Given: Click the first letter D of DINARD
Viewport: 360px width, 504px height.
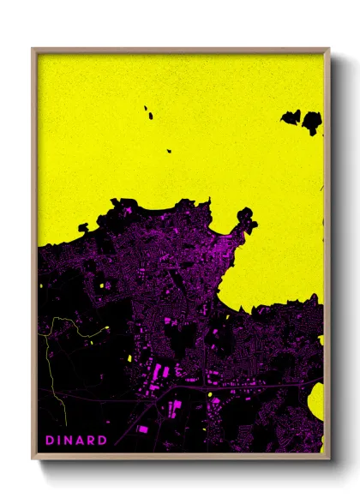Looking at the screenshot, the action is (50, 440).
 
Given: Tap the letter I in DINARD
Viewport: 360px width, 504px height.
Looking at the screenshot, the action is (60, 440).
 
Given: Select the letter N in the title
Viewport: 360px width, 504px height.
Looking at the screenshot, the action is (69, 440).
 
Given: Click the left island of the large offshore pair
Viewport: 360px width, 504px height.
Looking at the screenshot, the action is (291, 117).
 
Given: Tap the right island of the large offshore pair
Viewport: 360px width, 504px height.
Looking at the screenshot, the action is (312, 123).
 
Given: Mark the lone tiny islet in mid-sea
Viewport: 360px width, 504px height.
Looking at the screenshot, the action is (170, 151).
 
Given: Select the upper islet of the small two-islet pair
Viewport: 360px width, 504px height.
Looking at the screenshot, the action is (147, 110).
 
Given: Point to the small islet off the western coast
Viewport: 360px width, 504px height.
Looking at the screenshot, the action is (83, 228).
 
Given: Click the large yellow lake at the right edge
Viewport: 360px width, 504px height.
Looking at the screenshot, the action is (316, 401).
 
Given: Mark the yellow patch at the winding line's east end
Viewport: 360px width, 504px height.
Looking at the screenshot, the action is (105, 328).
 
